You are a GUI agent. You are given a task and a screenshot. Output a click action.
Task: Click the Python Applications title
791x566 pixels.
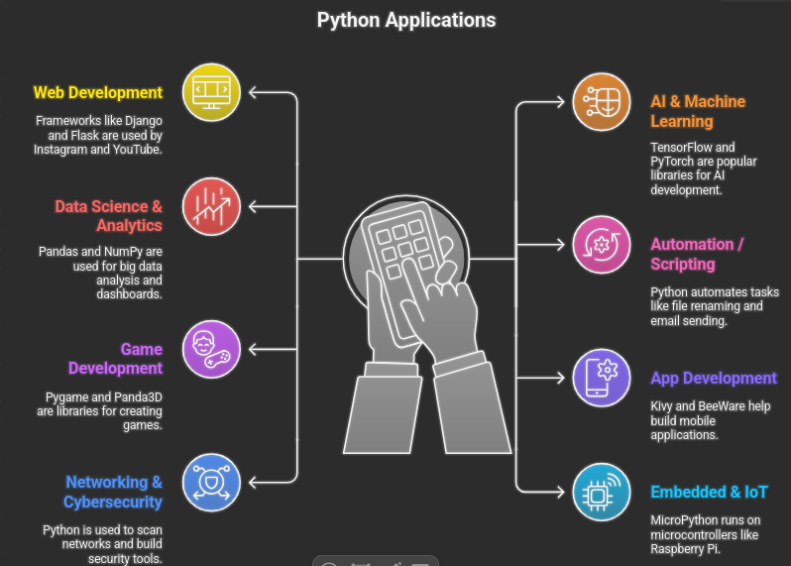coord(406,21)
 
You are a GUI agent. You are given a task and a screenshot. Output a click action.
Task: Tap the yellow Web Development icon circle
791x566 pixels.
coord(211,92)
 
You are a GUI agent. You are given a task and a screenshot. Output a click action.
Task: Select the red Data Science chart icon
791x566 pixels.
coord(211,206)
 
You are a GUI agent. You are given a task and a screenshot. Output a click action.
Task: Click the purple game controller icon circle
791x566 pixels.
coord(211,349)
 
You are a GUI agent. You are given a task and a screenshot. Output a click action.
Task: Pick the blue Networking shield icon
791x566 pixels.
coord(211,483)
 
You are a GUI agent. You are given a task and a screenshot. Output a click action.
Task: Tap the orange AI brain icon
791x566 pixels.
coord(602,102)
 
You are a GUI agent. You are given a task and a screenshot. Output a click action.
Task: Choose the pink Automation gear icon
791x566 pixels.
coord(602,245)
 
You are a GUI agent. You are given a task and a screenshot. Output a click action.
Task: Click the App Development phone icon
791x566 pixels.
coord(602,378)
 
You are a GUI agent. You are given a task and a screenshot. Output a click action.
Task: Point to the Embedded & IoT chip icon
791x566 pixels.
coord(602,492)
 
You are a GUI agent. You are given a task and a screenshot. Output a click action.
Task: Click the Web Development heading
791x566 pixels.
coord(98,93)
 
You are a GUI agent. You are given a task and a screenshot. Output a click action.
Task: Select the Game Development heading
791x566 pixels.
coord(116,359)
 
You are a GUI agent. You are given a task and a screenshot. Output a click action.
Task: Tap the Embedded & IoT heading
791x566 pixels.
coord(709,492)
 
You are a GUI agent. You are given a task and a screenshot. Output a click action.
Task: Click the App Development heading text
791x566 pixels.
coord(714,379)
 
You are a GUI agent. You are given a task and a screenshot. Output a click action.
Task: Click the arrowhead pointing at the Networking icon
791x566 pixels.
coord(253,483)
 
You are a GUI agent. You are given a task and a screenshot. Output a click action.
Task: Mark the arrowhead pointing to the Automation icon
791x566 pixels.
coord(560,245)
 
